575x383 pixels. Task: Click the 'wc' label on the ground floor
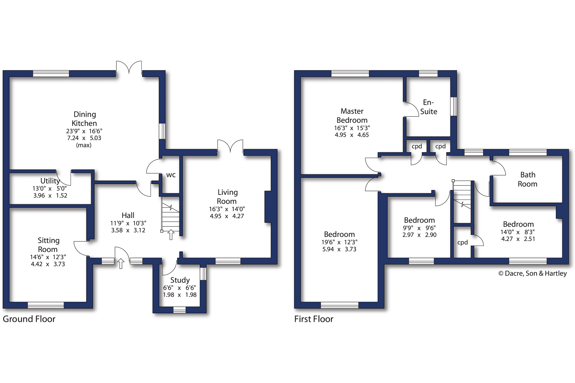(x=171, y=175)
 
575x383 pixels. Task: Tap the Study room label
(x=180, y=280)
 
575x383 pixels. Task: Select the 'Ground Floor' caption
(x=29, y=319)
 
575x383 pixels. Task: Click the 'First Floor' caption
(x=314, y=319)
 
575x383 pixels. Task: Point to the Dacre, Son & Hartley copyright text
(x=533, y=274)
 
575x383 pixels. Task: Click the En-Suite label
(x=429, y=107)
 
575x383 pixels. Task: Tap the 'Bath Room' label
(x=528, y=179)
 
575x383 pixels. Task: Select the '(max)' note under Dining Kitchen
(x=84, y=145)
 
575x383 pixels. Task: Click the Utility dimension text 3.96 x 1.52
(x=50, y=196)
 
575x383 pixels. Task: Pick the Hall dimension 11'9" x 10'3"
(x=128, y=223)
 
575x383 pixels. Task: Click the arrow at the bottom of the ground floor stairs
(x=171, y=235)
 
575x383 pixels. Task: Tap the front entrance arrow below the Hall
(x=121, y=264)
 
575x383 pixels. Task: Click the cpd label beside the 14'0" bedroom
(x=462, y=243)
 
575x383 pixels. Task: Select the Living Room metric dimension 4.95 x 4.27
(x=227, y=216)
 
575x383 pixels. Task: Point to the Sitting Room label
(x=48, y=245)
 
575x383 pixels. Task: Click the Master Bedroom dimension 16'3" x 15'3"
(x=352, y=128)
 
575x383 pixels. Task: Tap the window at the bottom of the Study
(x=179, y=310)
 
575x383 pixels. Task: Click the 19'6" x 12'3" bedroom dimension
(x=339, y=242)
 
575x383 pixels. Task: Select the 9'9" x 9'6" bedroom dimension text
(x=419, y=228)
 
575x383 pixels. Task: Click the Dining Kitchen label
(x=84, y=119)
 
